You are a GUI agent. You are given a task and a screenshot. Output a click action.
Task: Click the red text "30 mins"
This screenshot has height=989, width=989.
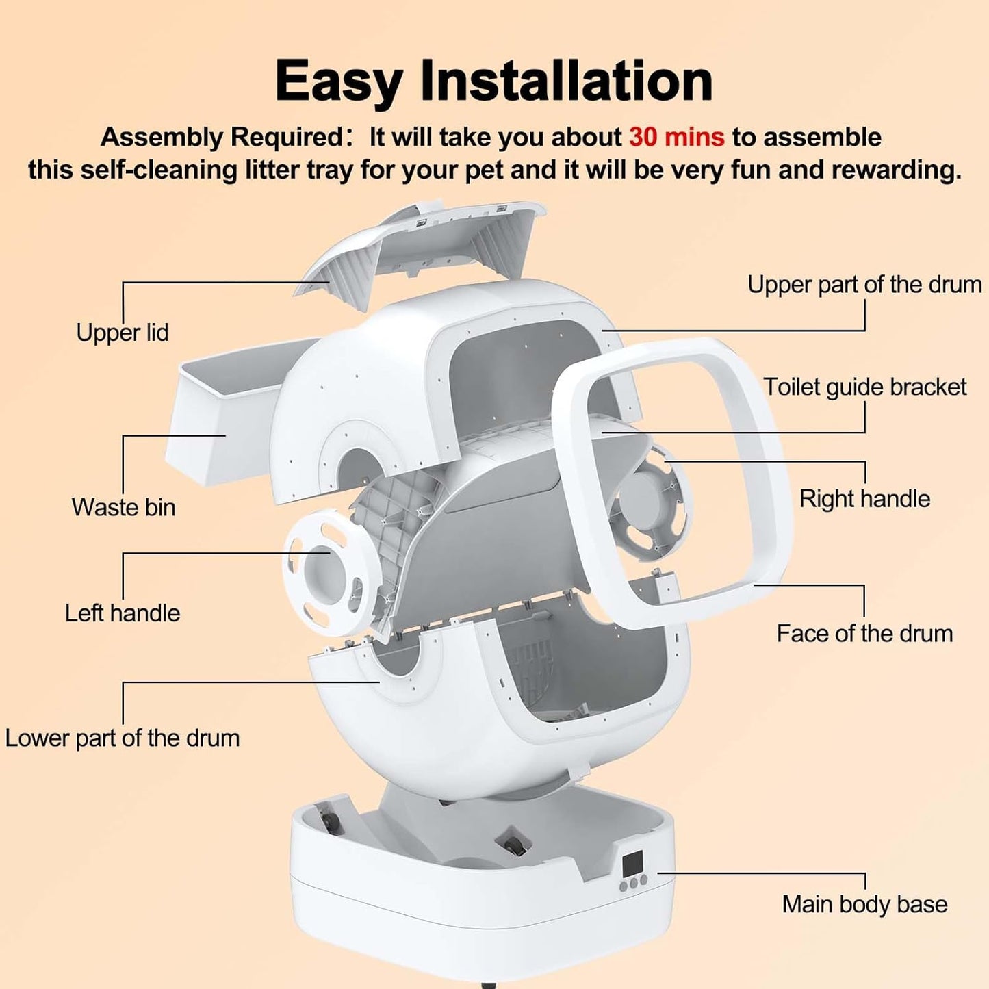[676, 137]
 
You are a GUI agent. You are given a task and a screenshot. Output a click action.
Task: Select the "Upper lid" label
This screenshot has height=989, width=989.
[122, 333]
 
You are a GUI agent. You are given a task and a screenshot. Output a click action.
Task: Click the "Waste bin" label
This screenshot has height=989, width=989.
[123, 507]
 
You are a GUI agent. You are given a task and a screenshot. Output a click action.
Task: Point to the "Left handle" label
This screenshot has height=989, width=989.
[122, 613]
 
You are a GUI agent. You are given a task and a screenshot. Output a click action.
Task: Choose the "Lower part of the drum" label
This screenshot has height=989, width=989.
[122, 738]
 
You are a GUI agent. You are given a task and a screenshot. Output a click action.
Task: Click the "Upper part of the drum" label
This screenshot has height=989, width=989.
[864, 285]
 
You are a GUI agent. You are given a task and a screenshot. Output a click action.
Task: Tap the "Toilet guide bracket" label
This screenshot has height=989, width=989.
[865, 387]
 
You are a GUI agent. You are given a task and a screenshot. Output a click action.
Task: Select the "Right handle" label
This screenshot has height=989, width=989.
[865, 498]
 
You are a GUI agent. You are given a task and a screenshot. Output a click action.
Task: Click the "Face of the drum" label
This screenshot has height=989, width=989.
[865, 633]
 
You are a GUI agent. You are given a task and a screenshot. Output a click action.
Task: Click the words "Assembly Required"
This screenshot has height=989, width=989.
[220, 138]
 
